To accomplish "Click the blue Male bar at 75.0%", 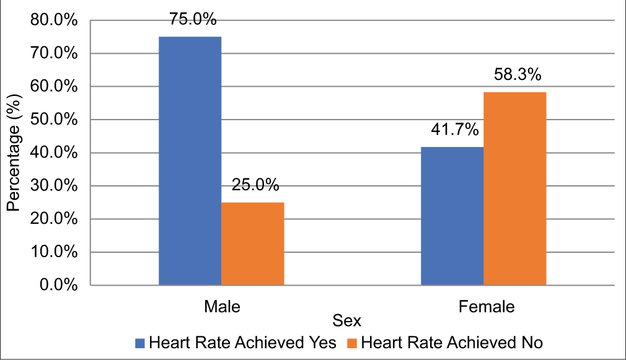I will [x=190, y=161].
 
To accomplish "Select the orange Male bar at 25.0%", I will [x=253, y=244].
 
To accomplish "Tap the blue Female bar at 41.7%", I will [x=452, y=216].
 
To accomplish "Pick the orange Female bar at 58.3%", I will [x=515, y=188].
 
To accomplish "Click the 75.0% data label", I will [x=193, y=20].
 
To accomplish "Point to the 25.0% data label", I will [x=255, y=185].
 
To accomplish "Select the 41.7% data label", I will [x=455, y=130].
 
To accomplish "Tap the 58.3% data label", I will [x=518, y=76].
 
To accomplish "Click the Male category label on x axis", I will [x=221, y=307].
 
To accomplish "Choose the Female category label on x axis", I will [x=487, y=307].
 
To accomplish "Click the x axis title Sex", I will [x=346, y=322].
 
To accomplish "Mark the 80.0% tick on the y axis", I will [x=54, y=20].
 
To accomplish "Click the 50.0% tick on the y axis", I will [x=54, y=120].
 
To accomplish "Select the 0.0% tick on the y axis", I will [x=58, y=286].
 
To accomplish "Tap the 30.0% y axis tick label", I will [x=54, y=186].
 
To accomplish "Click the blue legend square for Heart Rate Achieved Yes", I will [x=139, y=343].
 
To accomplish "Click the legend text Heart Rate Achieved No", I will [x=451, y=343].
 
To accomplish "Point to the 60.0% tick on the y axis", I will [x=54, y=87].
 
